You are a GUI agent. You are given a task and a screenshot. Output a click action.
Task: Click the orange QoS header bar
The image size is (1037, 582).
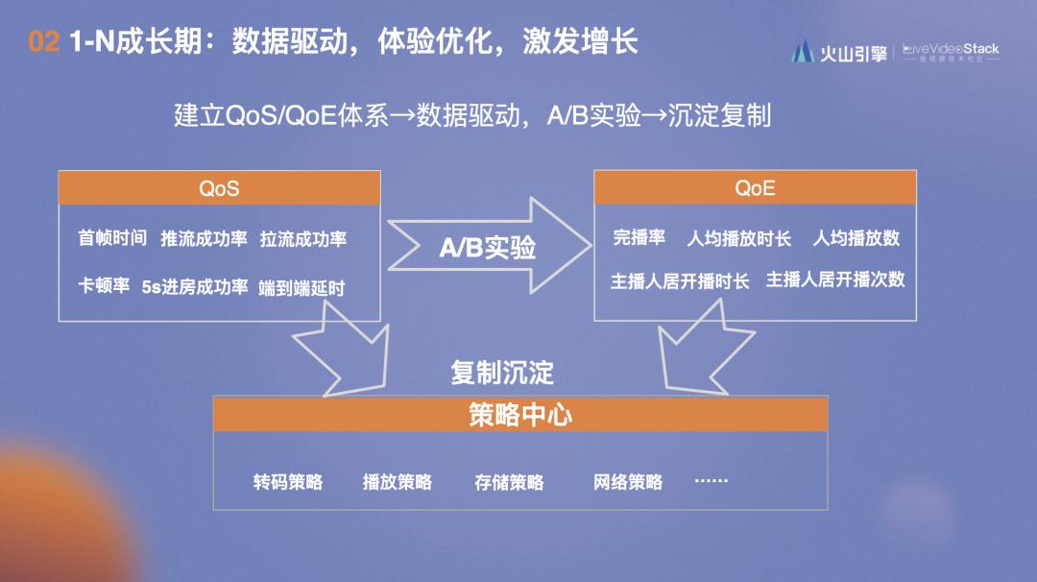point(219,188)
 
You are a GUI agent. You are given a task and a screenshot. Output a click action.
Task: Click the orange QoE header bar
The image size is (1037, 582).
point(755,188)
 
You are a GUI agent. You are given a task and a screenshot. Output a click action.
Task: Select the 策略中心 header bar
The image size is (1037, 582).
point(519,414)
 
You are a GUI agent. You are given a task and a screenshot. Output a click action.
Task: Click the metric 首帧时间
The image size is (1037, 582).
point(112,238)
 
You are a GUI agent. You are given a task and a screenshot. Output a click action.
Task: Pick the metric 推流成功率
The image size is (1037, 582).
point(204,238)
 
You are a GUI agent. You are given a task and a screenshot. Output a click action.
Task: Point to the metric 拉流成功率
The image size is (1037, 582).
point(303,238)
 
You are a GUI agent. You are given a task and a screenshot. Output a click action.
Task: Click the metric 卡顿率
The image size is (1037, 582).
point(104,286)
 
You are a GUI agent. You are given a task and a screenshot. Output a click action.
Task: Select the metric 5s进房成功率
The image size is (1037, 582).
point(195,286)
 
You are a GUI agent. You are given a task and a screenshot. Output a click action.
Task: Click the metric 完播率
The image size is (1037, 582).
point(639,237)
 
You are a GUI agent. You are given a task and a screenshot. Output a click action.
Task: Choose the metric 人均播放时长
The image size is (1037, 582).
point(738,238)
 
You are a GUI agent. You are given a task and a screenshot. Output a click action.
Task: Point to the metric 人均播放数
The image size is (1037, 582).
point(856,238)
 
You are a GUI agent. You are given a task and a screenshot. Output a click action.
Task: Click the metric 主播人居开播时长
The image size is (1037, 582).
point(680,280)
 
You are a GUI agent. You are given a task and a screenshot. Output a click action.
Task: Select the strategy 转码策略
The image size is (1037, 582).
point(288,481)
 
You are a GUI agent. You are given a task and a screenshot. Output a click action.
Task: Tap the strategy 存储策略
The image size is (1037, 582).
point(509,481)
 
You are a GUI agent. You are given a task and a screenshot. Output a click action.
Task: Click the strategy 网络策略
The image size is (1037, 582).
point(628,481)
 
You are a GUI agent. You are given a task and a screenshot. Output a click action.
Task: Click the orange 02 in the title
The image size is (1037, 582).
point(44,42)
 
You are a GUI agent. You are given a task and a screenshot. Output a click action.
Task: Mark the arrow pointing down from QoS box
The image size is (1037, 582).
point(344,351)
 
